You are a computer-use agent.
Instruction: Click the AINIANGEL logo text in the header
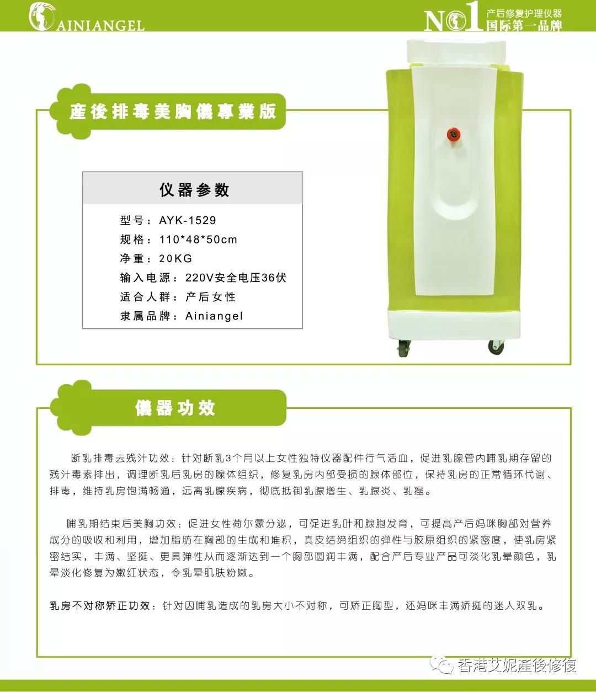click(100, 26)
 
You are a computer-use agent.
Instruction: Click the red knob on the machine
click(454, 135)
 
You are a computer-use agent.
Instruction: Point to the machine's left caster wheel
click(405, 348)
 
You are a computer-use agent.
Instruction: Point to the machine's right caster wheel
click(496, 347)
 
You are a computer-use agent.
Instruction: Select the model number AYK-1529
click(188, 220)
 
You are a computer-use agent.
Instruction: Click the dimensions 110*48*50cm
click(198, 239)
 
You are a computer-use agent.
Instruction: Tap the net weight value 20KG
click(175, 258)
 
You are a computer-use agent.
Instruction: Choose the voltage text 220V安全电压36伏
click(236, 278)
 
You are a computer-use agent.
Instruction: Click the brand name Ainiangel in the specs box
click(214, 316)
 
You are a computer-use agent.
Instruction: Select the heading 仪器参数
click(194, 190)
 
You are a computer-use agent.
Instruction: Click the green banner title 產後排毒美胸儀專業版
click(173, 111)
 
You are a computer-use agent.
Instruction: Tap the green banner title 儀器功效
click(175, 408)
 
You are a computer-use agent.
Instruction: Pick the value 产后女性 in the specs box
click(211, 297)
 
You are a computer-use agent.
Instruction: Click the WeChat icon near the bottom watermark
click(441, 664)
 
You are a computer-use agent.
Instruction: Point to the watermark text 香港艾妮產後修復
click(517, 665)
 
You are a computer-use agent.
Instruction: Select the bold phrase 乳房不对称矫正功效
click(100, 606)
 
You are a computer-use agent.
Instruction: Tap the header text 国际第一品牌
click(524, 25)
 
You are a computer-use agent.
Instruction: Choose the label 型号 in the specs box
click(132, 220)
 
